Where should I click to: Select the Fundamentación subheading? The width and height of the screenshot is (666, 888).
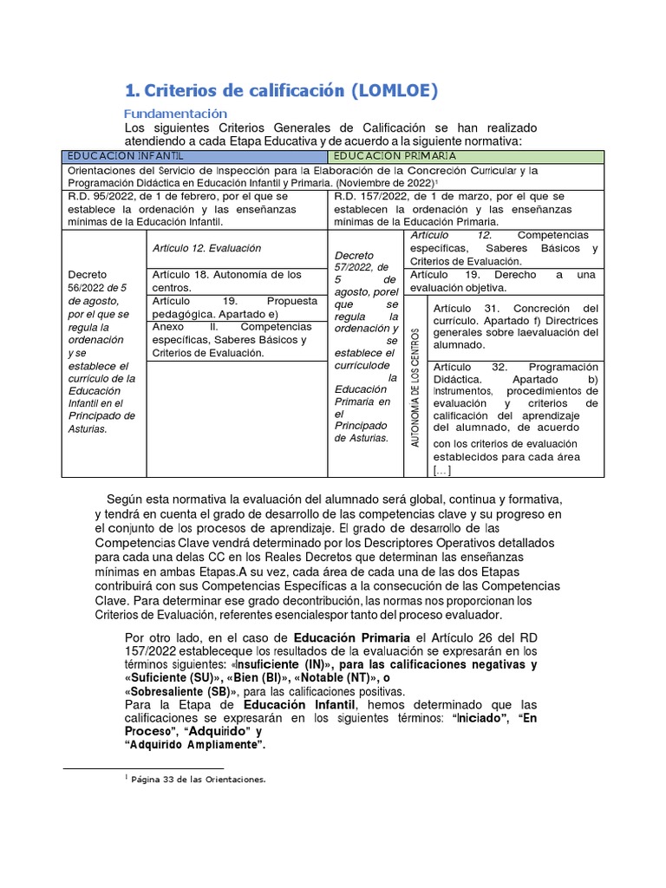click(x=175, y=114)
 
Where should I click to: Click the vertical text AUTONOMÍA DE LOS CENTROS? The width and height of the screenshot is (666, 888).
click(x=415, y=387)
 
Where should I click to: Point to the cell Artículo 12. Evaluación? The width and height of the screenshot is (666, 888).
click(x=206, y=248)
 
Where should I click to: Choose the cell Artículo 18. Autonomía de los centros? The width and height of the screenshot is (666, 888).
click(x=226, y=280)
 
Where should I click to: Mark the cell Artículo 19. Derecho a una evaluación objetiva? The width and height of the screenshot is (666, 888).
click(x=504, y=281)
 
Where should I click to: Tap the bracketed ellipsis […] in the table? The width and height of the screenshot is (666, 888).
click(x=441, y=470)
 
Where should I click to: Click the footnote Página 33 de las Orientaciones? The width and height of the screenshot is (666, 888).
click(x=199, y=780)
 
